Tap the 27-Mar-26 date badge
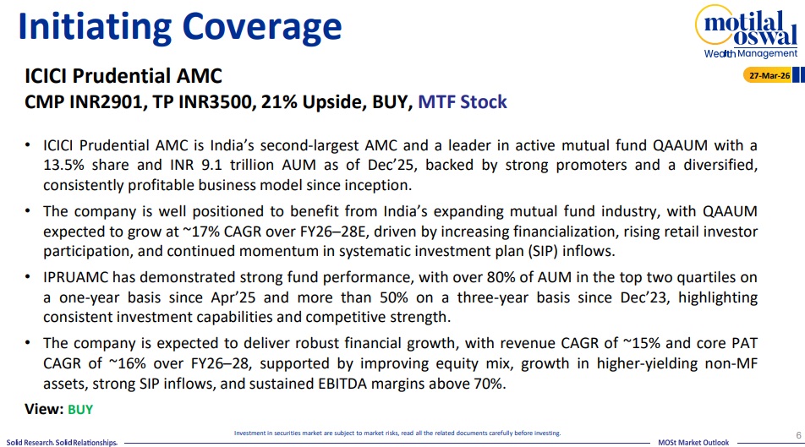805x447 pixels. tap(768, 75)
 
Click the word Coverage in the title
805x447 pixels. tap(262, 28)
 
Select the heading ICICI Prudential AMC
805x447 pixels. tap(123, 76)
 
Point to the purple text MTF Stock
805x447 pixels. tap(462, 101)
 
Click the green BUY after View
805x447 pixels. tap(80, 410)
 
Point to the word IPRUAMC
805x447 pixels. tap(75, 278)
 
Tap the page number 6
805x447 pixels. tap(798, 435)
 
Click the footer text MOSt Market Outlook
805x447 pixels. tap(693, 443)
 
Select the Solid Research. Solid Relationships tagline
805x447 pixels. tap(62, 443)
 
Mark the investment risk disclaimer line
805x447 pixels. tap(397, 433)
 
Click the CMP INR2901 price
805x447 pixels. tap(84, 101)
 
